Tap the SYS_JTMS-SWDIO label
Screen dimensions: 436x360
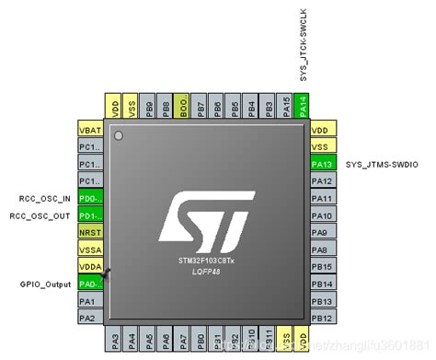click(382, 164)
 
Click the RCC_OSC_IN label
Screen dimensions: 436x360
click(45, 199)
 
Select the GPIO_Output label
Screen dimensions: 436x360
click(45, 285)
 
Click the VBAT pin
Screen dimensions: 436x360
click(89, 130)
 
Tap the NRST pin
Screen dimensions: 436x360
click(89, 233)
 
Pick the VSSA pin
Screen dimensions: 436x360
click(89, 250)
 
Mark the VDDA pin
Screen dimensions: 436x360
click(89, 267)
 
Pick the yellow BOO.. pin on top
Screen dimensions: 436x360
click(183, 104)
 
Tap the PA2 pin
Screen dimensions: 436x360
click(89, 319)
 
